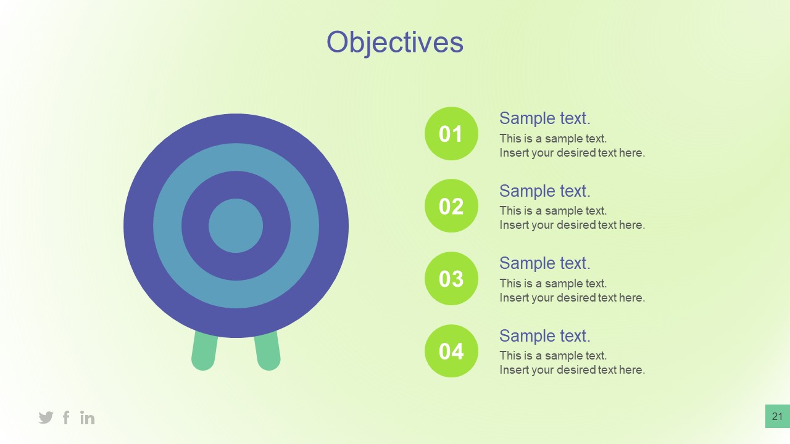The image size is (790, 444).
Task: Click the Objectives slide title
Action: [x=395, y=43]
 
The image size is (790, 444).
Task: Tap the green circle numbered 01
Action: [x=451, y=134]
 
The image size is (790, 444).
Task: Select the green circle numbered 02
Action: [x=451, y=206]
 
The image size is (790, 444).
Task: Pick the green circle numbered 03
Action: [x=451, y=279]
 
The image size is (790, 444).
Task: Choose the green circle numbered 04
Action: [x=451, y=351]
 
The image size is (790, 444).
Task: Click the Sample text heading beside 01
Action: [x=544, y=118]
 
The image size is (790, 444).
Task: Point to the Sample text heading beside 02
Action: [x=544, y=191]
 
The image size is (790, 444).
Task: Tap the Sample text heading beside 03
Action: [x=544, y=263]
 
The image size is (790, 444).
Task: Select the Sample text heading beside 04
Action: [x=544, y=336]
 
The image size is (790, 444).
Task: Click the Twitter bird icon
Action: [x=46, y=417]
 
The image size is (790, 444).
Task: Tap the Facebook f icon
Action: [x=66, y=417]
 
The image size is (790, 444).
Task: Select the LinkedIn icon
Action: [x=88, y=418]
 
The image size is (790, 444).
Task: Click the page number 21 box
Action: [x=777, y=416]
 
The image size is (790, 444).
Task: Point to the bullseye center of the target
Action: [x=236, y=226]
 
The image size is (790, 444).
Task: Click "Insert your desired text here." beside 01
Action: [x=572, y=153]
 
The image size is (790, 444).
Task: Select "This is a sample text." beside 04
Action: [x=553, y=356]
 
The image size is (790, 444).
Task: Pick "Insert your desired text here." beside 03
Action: [x=572, y=298]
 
